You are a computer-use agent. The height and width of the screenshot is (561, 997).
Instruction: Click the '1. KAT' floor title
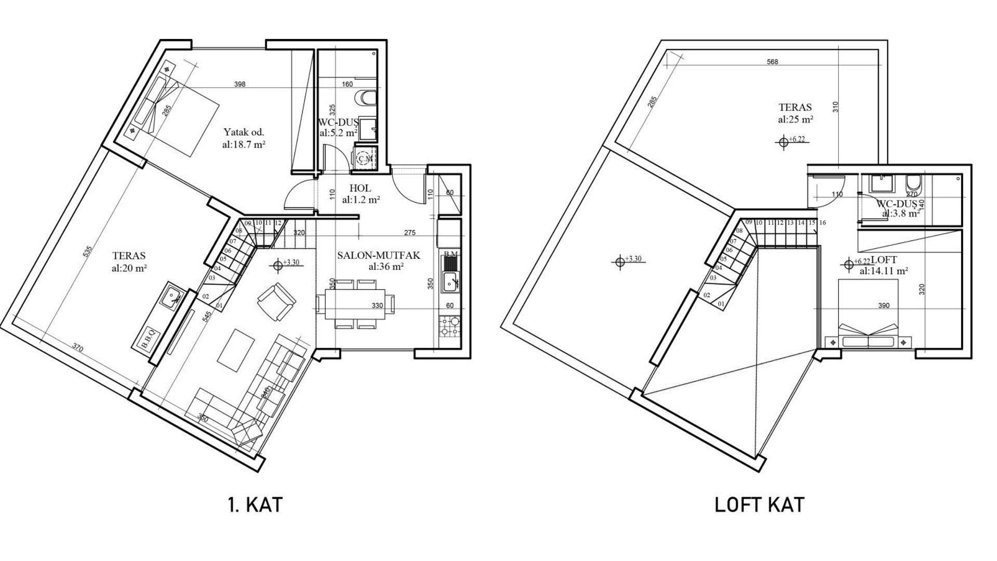[255, 504]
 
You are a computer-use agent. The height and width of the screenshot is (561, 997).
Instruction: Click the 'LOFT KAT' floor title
[760, 504]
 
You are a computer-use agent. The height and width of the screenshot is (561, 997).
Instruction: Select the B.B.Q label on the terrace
[147, 339]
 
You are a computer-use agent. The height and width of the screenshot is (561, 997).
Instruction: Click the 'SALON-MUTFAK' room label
[378, 255]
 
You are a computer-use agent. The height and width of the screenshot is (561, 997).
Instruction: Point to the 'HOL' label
[360, 189]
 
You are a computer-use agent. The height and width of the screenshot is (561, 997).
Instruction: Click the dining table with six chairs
[356, 306]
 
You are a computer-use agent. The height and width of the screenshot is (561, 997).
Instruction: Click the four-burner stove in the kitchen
[450, 326]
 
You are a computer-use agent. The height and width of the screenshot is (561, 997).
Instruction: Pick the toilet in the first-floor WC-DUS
[367, 98]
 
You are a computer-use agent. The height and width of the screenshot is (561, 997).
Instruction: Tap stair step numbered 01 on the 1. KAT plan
[219, 305]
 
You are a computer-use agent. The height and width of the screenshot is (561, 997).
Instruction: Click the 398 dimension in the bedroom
[239, 84]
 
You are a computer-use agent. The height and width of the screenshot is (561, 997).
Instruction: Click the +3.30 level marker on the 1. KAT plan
[286, 264]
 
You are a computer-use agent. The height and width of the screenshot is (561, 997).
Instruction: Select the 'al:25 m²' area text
[795, 119]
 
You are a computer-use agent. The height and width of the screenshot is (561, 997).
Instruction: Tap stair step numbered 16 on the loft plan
[823, 223]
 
